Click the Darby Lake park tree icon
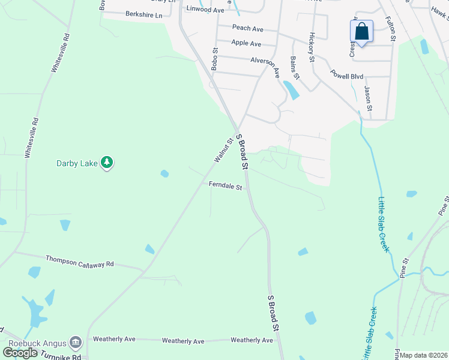pyautogui.click(x=107, y=163)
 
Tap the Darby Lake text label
pyautogui.click(x=76, y=163)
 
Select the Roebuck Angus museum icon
pyautogui.click(x=76, y=343)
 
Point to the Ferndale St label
pyautogui.click(x=225, y=187)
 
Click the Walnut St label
pyautogui.click(x=223, y=151)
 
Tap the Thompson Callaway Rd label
pyautogui.click(x=79, y=262)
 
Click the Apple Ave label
pyautogui.click(x=246, y=43)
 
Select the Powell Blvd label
pyautogui.click(x=347, y=76)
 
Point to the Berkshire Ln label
pyautogui.click(x=144, y=14)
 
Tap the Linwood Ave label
pyautogui.click(x=205, y=10)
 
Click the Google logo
pyautogui.click(x=20, y=352)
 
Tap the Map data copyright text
pyautogui.click(x=424, y=355)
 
